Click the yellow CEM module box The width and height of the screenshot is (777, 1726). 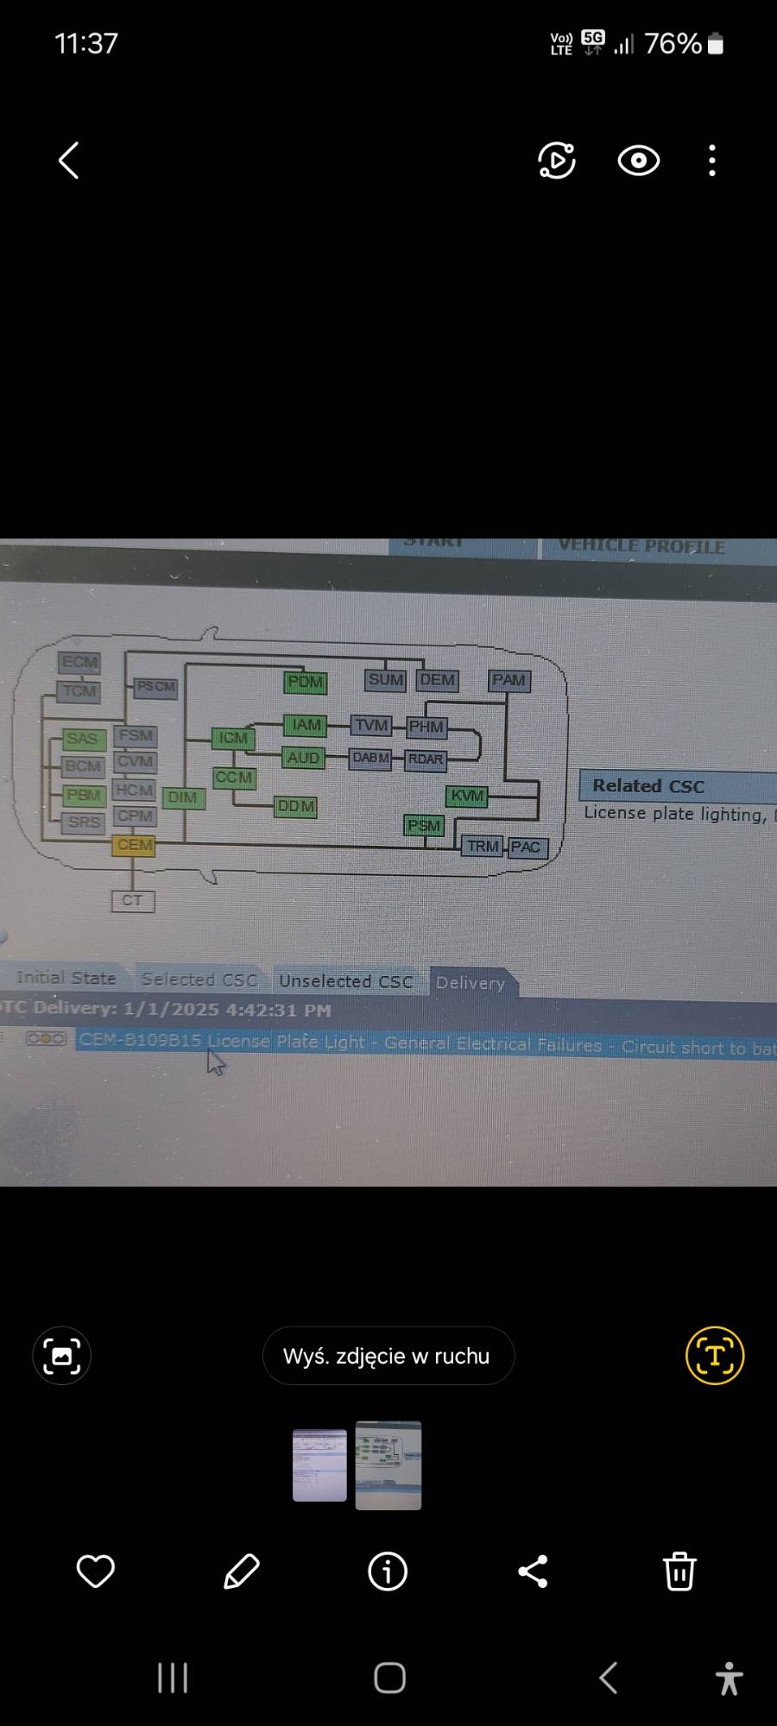(x=134, y=845)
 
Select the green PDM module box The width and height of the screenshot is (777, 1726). (x=305, y=682)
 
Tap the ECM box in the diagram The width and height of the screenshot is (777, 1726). (x=79, y=663)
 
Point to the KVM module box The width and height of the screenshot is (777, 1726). (x=467, y=796)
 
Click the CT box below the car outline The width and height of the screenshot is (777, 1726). (x=132, y=901)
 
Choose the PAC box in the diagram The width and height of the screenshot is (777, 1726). (x=526, y=847)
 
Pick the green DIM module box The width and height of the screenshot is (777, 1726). (x=182, y=797)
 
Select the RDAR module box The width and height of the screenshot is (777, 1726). (x=426, y=759)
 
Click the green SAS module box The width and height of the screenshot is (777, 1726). (x=82, y=739)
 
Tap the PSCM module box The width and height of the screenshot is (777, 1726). (x=155, y=687)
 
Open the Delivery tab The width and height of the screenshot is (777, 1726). (x=471, y=983)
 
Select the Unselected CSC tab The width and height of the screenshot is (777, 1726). (x=346, y=981)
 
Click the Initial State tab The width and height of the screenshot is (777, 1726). (x=66, y=978)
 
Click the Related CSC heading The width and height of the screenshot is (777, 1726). (x=648, y=786)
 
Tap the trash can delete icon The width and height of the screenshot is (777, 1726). (x=679, y=1571)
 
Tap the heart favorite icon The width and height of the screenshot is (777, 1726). (x=96, y=1571)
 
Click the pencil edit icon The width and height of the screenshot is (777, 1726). (x=242, y=1571)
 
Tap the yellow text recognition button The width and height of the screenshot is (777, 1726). (x=715, y=1355)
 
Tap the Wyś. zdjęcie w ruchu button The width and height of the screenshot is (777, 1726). (x=388, y=1356)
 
